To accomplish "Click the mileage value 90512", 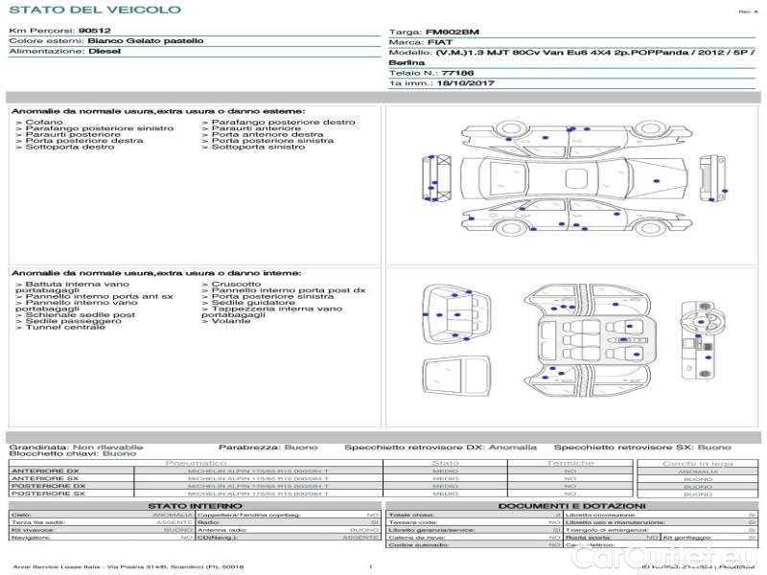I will point(94,31).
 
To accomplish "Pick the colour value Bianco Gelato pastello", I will point(145,41).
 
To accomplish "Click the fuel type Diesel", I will point(104,52).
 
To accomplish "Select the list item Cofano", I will point(43,123).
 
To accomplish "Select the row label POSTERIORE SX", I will point(48,494).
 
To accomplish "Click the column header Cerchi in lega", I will point(697,463).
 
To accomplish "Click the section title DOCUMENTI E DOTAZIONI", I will point(571,505).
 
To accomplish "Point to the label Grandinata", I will point(38,447).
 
